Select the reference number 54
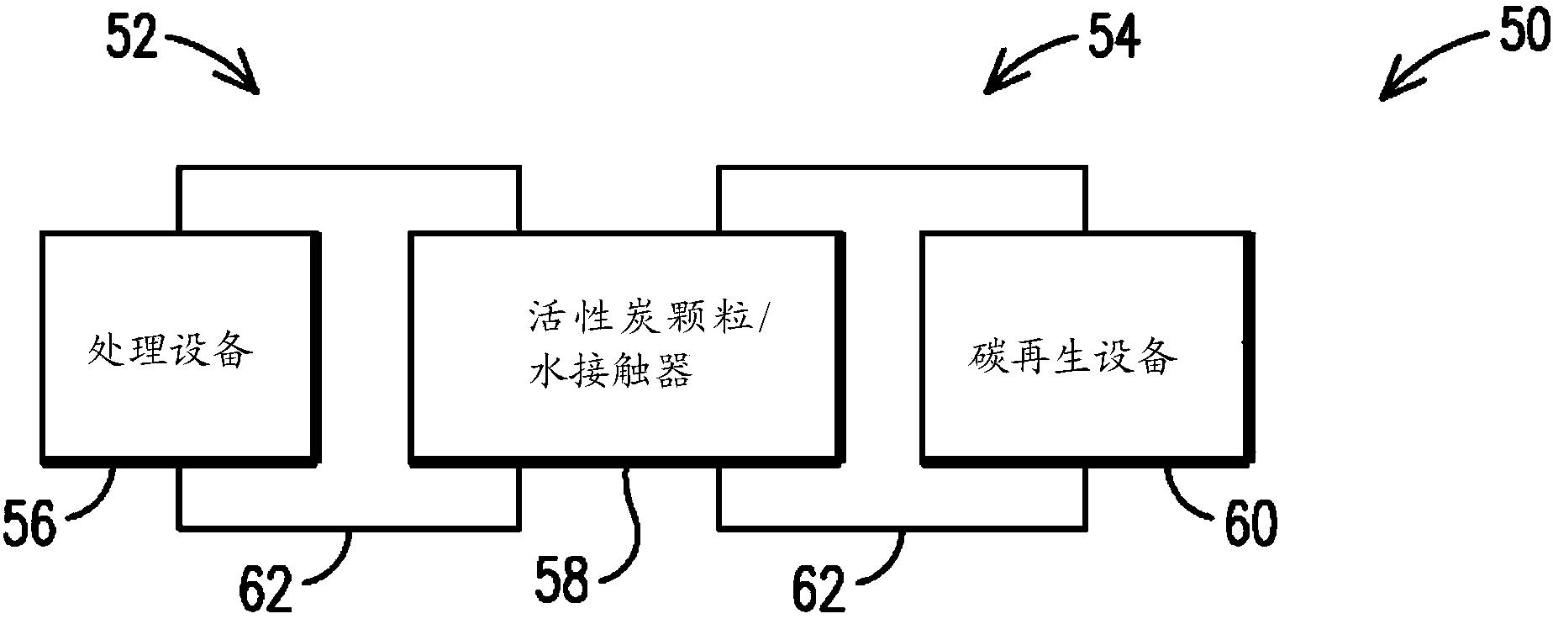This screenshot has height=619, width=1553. point(1114,37)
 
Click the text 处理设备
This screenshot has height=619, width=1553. point(171,351)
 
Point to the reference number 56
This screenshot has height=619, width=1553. point(29,522)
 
